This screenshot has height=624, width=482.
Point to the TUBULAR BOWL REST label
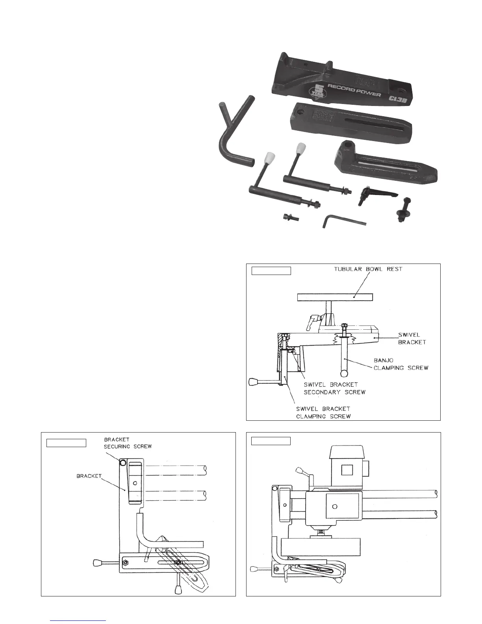pyautogui.click(x=368, y=269)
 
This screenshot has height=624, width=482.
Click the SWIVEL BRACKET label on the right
pyautogui.click(x=412, y=338)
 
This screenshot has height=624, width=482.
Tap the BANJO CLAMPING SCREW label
pyautogui.click(x=400, y=364)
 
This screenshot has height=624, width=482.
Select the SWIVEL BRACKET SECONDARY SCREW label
pyautogui.click(x=334, y=388)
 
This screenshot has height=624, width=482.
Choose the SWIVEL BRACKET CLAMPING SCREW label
pyautogui.click(x=323, y=412)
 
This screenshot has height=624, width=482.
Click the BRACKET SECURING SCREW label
pyautogui.click(x=128, y=443)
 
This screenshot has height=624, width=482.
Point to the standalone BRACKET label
pyautogui.click(x=89, y=476)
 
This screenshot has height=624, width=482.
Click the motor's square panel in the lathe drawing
pyautogui.click(x=347, y=470)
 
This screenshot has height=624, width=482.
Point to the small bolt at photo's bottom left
pyautogui.click(x=291, y=217)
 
